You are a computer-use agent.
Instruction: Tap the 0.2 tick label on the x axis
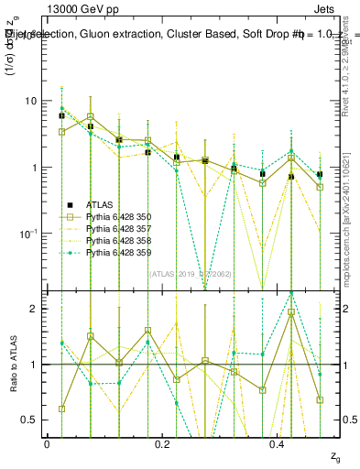click(162, 443)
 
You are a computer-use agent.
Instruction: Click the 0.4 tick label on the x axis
click(278, 443)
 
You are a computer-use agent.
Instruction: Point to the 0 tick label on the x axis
click(47, 443)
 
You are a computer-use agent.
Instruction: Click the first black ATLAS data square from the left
click(61, 116)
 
